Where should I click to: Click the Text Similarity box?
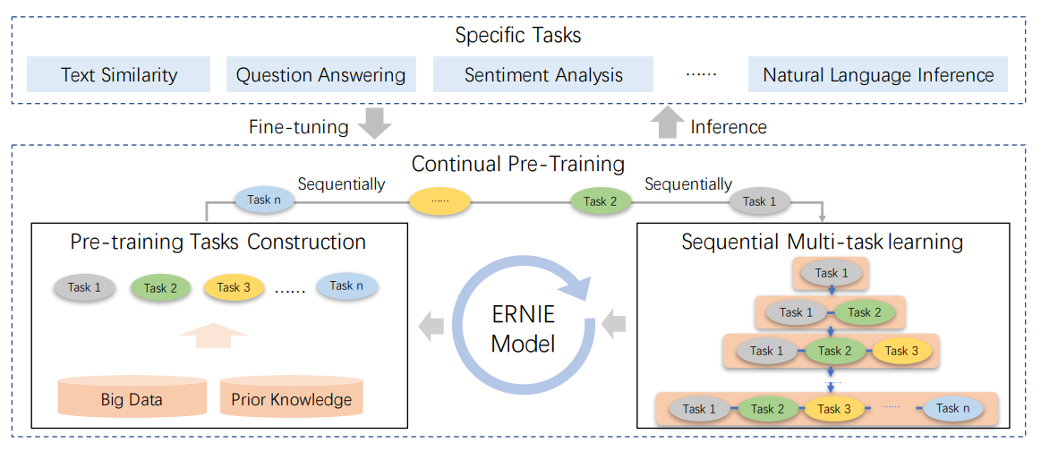click(x=119, y=75)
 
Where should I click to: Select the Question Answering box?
click(x=320, y=75)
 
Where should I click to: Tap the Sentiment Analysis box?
click(x=542, y=75)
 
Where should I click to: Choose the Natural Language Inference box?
click(x=877, y=75)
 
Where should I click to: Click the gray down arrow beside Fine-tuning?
click(x=374, y=124)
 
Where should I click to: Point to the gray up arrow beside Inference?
click(x=666, y=123)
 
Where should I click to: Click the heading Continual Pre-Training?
click(x=517, y=164)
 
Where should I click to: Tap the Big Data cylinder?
click(x=132, y=396)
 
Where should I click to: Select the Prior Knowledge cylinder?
click(x=291, y=396)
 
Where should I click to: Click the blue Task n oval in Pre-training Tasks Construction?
click(x=346, y=286)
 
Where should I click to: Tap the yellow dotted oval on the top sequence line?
click(x=439, y=201)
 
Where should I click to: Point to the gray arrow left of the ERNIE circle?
click(x=432, y=327)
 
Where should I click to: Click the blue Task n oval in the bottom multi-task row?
click(x=952, y=408)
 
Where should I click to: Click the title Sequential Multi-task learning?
click(x=822, y=242)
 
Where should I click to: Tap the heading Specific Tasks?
click(x=517, y=36)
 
